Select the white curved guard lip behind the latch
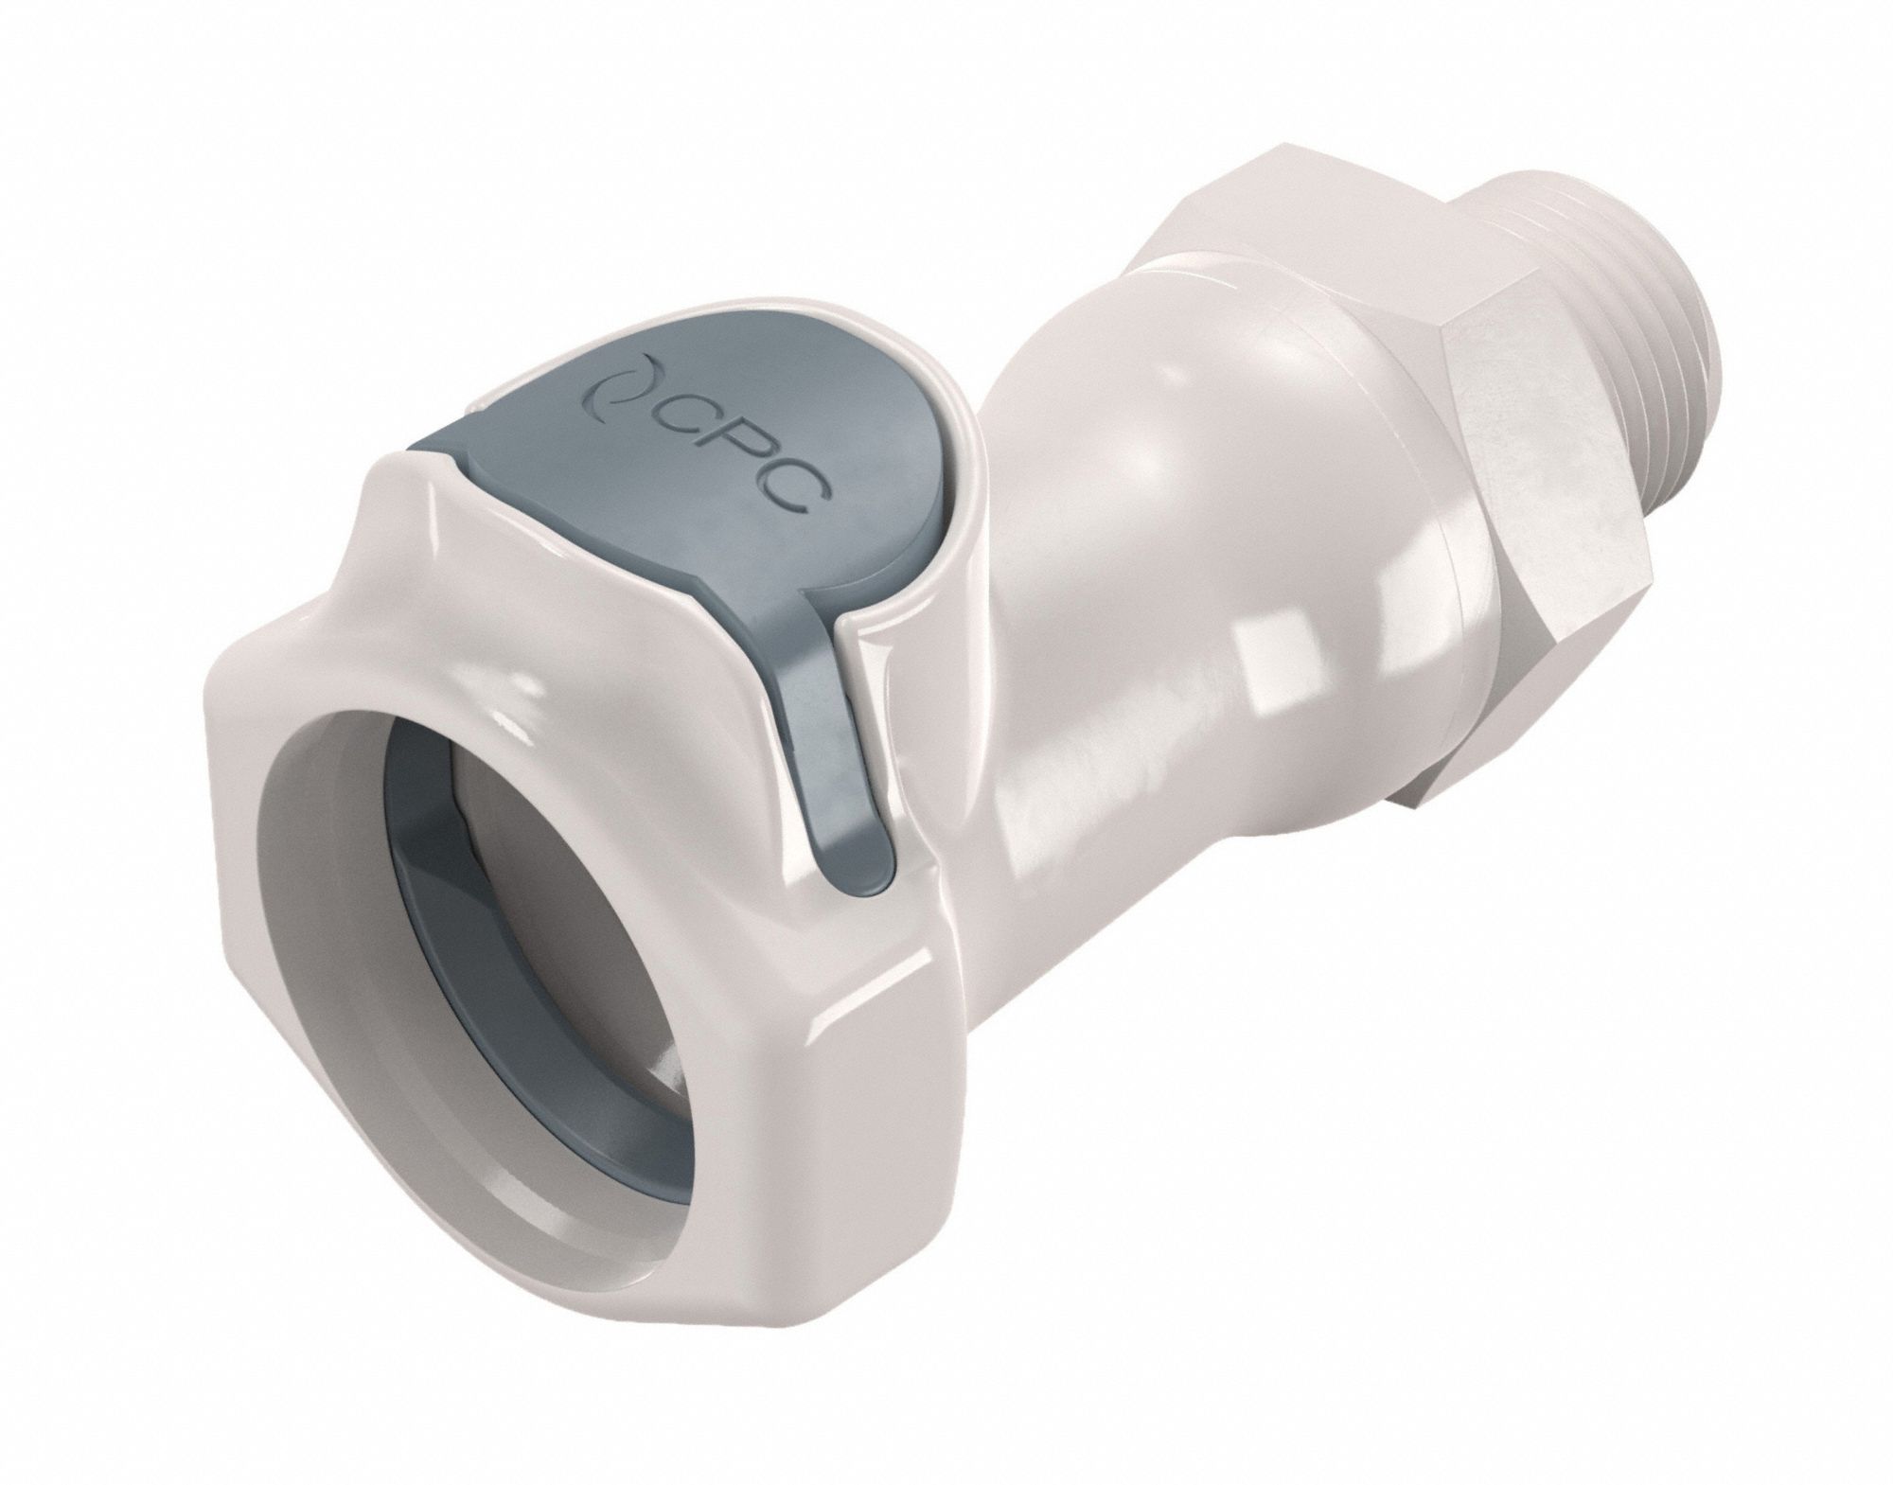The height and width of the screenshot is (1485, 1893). point(956,530)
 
